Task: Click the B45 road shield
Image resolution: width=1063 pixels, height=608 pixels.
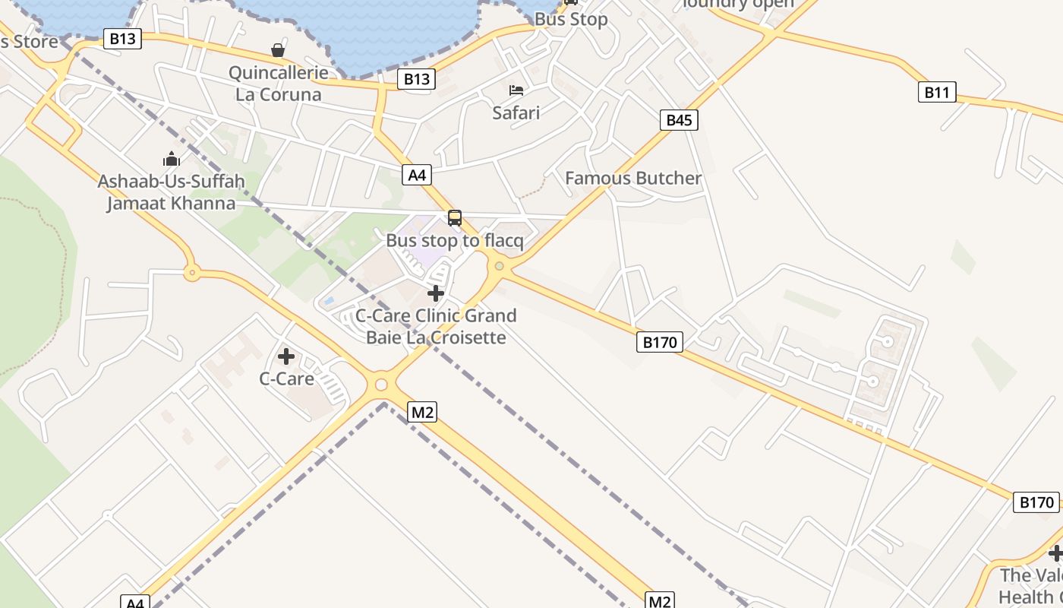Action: [678, 119]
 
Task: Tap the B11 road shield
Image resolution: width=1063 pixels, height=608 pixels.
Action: [936, 93]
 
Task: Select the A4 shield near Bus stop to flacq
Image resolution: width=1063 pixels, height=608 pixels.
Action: [417, 175]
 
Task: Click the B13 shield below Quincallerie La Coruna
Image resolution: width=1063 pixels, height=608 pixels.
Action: [416, 78]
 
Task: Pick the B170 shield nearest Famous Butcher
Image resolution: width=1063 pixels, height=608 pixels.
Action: [659, 342]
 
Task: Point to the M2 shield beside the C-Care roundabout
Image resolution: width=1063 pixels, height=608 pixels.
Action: [421, 413]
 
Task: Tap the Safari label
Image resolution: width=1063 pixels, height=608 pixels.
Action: [516, 112]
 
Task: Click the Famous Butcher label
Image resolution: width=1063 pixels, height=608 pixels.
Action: [633, 178]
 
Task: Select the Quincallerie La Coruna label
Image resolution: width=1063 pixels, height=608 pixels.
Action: [279, 84]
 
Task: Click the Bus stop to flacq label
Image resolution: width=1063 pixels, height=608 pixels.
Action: [455, 240]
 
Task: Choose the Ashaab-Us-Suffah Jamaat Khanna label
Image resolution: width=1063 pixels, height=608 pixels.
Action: [171, 192]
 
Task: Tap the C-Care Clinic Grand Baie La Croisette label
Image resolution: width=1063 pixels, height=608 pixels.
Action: [436, 326]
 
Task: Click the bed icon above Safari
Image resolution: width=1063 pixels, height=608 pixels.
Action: [516, 90]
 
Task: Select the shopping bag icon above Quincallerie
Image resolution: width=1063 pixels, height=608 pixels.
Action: [278, 50]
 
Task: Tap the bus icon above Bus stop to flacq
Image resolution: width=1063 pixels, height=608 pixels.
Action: [455, 218]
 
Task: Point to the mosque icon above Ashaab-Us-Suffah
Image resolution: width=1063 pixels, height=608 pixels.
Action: [172, 159]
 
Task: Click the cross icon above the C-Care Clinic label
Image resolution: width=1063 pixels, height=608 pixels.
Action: [436, 293]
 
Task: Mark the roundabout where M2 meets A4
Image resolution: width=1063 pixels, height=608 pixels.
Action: [381, 385]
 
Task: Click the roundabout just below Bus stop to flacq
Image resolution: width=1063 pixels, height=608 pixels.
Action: [499, 266]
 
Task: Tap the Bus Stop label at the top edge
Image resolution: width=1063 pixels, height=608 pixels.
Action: [571, 19]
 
